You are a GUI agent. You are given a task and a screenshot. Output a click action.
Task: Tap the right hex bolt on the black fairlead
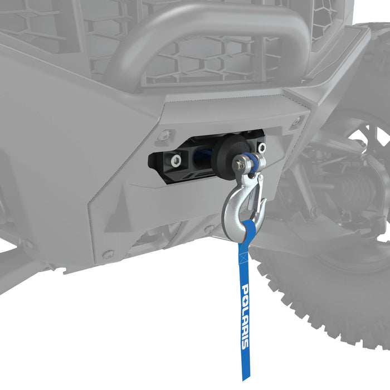pos(261,148)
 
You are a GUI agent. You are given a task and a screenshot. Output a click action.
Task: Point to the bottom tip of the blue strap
pos(245,378)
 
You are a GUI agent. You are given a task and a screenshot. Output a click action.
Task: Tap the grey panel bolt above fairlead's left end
pos(165,134)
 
